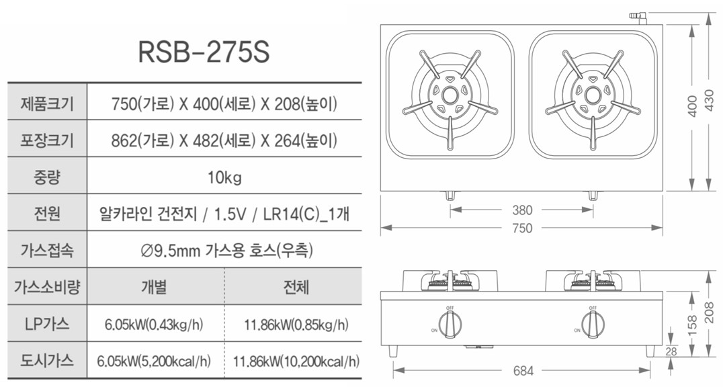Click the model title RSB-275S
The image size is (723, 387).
tap(204, 52)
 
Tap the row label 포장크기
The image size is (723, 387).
tap(47, 140)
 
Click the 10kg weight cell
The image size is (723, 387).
tap(224, 177)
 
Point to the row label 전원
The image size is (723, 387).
tap(47, 213)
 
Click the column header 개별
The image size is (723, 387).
tap(154, 287)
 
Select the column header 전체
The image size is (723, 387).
tap(296, 287)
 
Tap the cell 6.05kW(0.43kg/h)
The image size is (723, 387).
tap(154, 325)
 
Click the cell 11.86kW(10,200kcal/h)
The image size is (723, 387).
tap(296, 361)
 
